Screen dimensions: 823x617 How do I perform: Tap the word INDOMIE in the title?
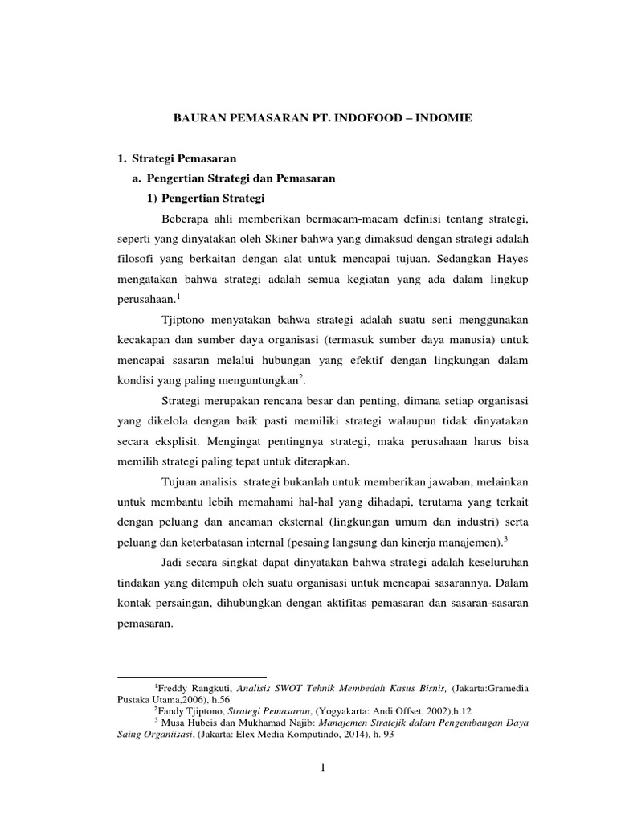click(x=444, y=117)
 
